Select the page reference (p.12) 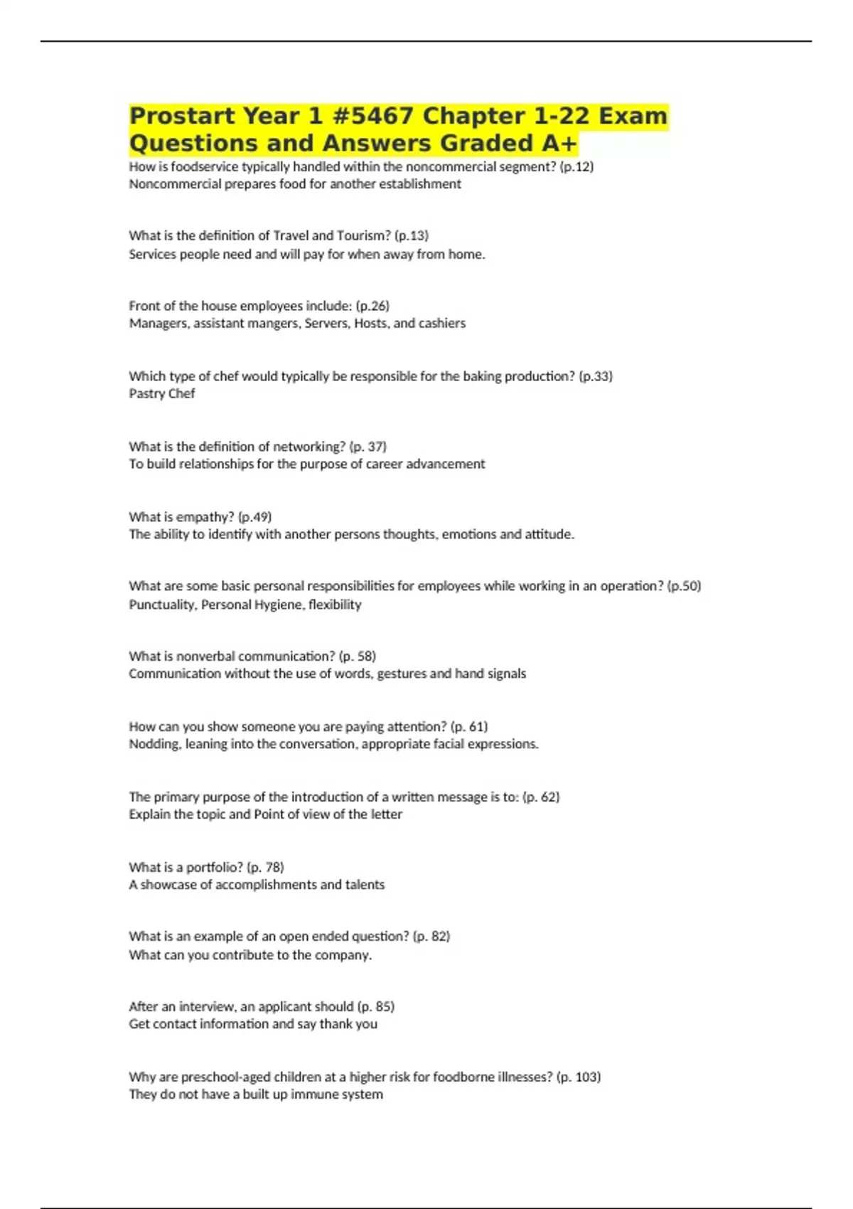click(576, 166)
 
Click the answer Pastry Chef click(161, 393)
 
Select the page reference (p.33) click(596, 376)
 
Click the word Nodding click(154, 744)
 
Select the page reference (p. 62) click(541, 797)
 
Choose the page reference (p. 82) click(431, 937)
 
